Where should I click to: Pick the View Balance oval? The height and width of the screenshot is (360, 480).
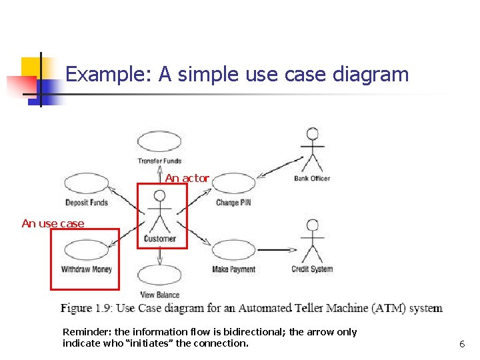tap(159, 275)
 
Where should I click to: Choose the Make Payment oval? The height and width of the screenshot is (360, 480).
tap(233, 250)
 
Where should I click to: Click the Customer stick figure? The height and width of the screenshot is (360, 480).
tap(159, 211)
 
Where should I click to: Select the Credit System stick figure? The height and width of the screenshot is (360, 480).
tap(311, 240)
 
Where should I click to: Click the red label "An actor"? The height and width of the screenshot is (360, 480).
tap(187, 178)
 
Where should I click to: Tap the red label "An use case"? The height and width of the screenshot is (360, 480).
tap(53, 223)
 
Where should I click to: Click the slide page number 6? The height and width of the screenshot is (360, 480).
tap(461, 344)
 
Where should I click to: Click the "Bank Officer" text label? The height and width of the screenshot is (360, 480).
tap(311, 178)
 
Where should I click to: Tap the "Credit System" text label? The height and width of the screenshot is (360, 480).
tap(311, 269)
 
